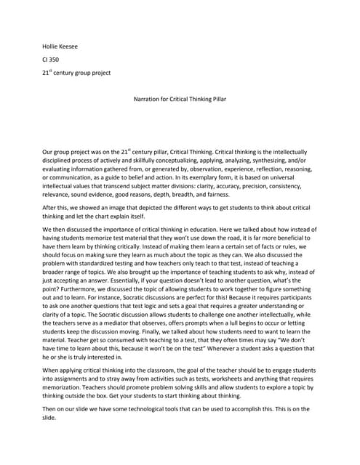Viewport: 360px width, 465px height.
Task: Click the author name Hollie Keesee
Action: click(60, 46)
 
